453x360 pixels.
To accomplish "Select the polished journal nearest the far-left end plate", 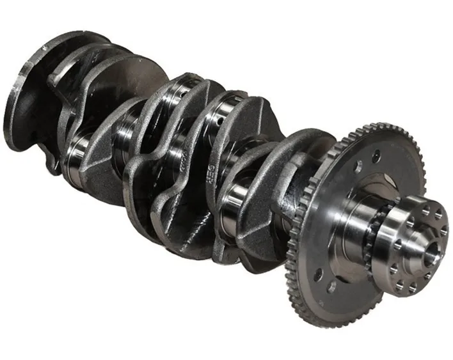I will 77,153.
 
